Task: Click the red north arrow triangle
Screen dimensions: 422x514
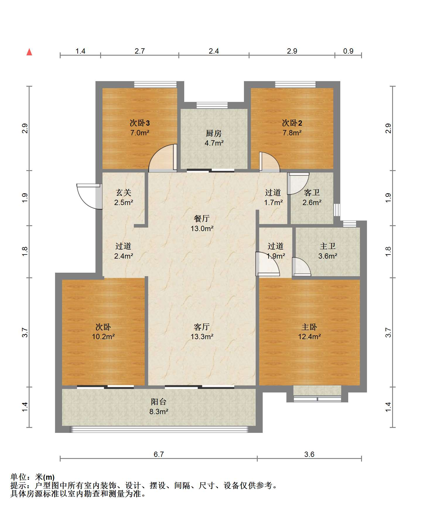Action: coord(29,52)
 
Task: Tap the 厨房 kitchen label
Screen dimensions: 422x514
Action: coord(214,134)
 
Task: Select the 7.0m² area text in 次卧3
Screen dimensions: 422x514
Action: coord(140,133)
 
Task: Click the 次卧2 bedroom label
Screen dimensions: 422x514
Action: coord(292,123)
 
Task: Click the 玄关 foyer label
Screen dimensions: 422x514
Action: coord(124,192)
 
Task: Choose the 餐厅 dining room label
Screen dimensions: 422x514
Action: coord(202,218)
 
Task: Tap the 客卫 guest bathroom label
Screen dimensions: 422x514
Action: coord(312,192)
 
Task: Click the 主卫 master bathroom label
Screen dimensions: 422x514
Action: coord(328,246)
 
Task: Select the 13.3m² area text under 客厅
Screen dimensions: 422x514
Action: coord(202,337)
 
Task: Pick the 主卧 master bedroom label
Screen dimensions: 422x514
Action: coord(309,327)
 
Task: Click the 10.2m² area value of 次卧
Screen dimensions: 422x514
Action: coord(103,337)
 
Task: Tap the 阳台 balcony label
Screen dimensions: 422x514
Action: coord(159,402)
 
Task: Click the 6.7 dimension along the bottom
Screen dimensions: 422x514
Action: coord(159,454)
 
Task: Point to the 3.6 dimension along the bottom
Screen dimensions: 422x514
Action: coord(309,454)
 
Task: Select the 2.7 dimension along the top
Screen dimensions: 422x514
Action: coord(140,51)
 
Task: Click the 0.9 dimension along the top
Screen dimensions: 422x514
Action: coord(348,51)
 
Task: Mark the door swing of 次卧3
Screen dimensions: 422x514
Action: coord(163,158)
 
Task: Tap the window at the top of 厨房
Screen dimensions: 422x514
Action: coord(212,105)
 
